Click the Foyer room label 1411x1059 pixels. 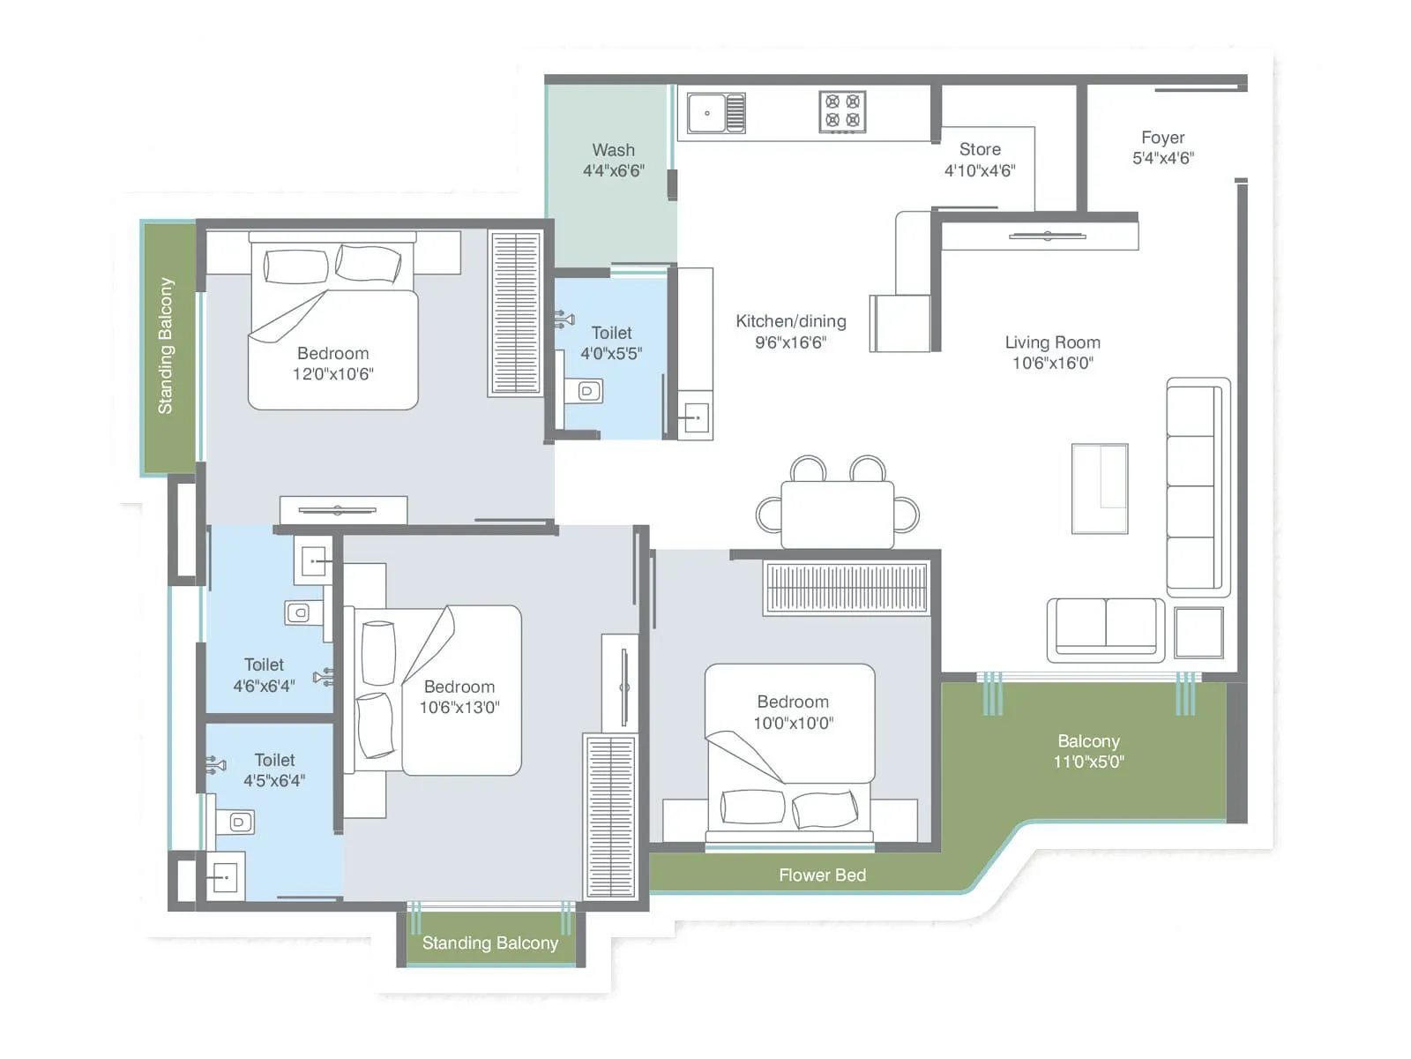1162,138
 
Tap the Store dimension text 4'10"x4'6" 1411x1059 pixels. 979,170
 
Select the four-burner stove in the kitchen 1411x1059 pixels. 842,112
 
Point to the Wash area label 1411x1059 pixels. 613,150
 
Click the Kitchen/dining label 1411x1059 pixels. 791,321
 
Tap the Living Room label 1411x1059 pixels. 1052,342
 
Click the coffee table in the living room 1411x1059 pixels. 1100,488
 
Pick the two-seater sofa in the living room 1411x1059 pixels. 1106,628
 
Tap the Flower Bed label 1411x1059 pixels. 822,875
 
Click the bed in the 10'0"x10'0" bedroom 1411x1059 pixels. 790,750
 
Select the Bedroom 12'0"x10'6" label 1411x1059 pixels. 332,353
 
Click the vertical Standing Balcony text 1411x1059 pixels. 166,346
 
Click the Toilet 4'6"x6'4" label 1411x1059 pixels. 264,665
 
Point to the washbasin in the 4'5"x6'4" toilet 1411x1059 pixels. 225,877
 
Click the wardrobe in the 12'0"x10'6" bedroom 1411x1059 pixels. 516,313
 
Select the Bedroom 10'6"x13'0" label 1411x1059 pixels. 459,687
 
